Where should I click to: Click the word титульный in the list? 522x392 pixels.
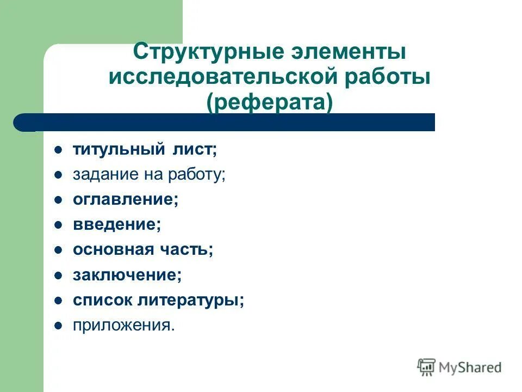[115, 150]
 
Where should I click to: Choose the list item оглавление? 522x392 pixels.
[126, 200]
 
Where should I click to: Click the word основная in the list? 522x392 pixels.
[114, 250]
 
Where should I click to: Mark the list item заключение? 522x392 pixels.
[127, 275]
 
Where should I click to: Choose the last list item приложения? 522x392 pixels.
[124, 325]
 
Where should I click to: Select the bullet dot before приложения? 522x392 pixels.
[59, 326]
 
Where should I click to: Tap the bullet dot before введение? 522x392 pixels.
[59, 225]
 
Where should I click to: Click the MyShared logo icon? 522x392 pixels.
[426, 366]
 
